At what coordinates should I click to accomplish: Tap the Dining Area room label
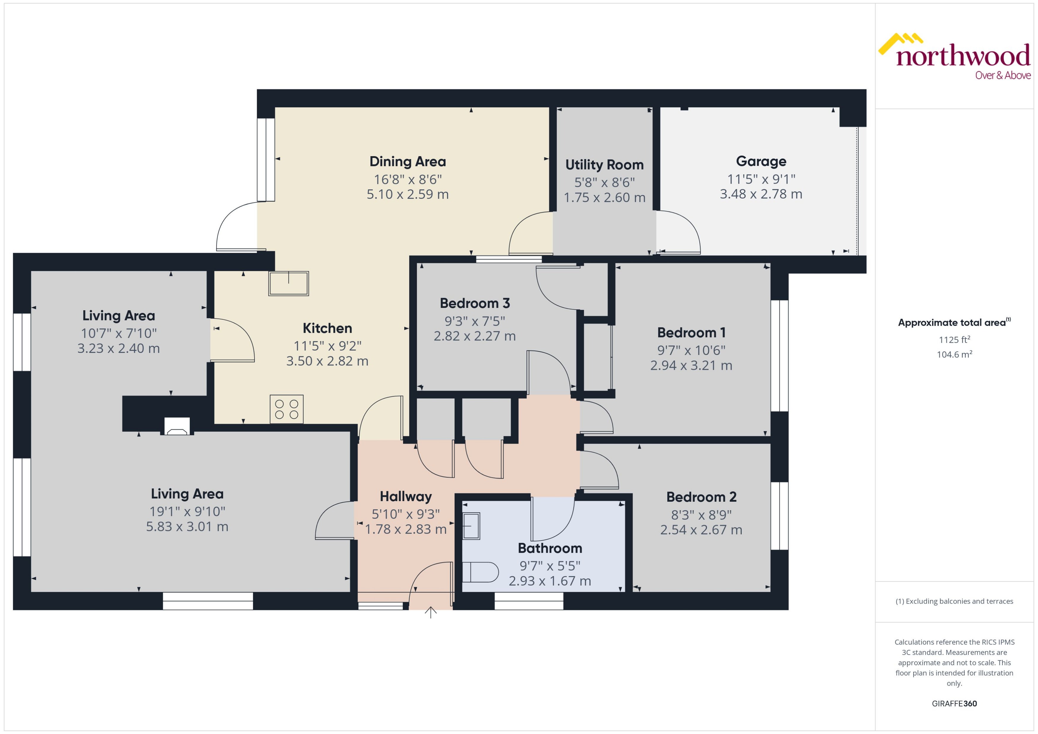(x=407, y=161)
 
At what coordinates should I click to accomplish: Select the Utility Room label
(x=604, y=164)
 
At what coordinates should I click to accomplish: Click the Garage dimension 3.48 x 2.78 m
(x=761, y=194)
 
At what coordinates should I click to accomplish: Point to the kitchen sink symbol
(x=289, y=283)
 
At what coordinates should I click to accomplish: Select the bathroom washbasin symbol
(x=471, y=526)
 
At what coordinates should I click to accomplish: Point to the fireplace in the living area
(x=177, y=426)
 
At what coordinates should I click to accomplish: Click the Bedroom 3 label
(x=475, y=303)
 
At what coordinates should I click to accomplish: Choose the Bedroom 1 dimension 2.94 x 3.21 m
(x=691, y=365)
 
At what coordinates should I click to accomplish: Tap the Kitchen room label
(x=327, y=328)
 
